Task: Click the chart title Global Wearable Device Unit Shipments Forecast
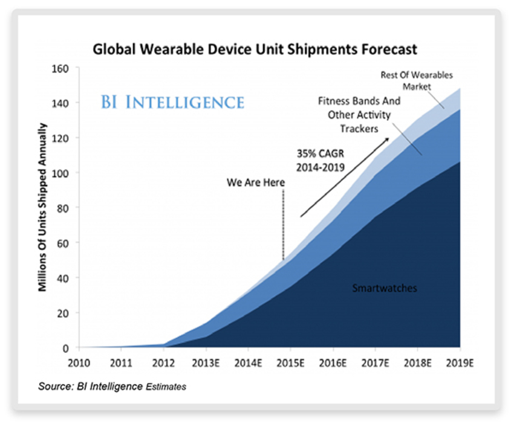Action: [255, 48]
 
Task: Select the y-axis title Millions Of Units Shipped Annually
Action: [43, 207]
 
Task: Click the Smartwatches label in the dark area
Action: [385, 288]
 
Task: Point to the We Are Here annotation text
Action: [256, 182]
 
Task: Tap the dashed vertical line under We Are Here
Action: [282, 223]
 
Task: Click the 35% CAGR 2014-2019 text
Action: [320, 161]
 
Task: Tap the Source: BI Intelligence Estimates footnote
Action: [112, 386]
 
